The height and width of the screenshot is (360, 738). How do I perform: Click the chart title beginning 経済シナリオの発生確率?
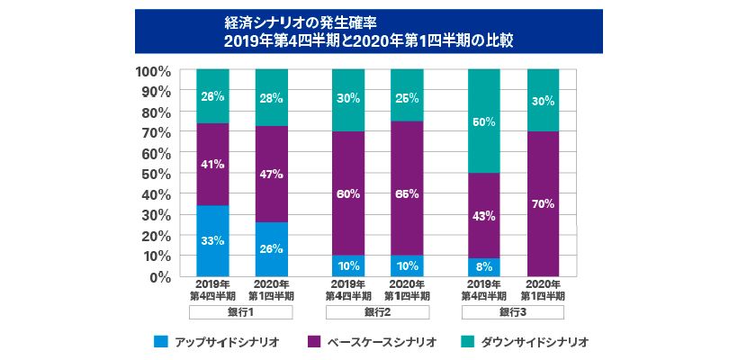tap(369, 31)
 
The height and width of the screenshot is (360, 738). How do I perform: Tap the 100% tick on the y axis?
tap(153, 70)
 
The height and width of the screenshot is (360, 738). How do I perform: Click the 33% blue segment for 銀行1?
tap(212, 241)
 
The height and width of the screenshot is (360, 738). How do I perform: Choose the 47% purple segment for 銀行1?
tap(272, 174)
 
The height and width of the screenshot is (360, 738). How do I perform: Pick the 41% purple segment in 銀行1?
tap(212, 165)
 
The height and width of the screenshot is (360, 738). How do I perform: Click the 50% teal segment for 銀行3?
tap(485, 121)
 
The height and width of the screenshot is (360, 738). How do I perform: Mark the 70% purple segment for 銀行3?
tap(543, 204)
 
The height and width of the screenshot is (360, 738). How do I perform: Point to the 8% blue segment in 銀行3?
tap(485, 267)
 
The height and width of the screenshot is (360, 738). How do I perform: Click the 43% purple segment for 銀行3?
tap(485, 215)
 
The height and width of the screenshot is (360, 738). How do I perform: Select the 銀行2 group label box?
tap(378, 312)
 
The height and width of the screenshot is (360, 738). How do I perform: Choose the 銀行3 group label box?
tap(513, 312)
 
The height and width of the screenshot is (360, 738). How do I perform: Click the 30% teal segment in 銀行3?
tap(543, 101)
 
